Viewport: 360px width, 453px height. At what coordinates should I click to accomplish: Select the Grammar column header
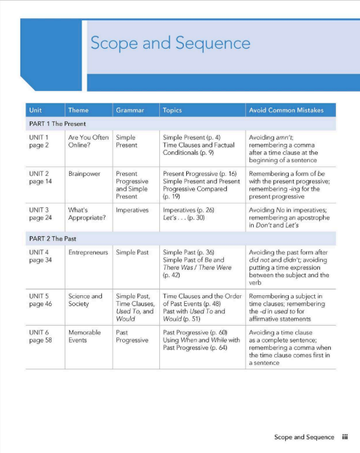click(x=129, y=111)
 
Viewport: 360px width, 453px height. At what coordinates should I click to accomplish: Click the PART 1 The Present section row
click(x=55, y=124)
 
